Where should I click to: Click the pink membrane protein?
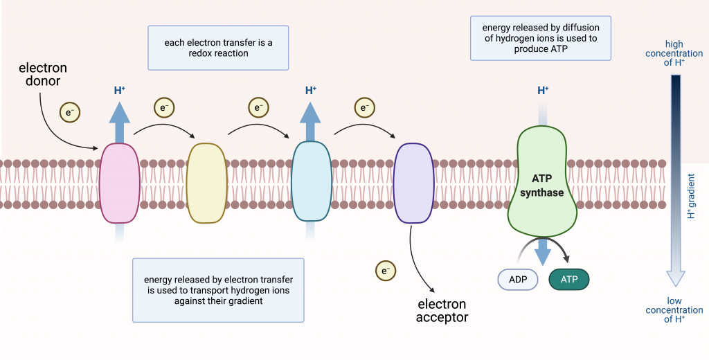coord(119,183)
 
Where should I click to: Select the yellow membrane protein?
coord(206,183)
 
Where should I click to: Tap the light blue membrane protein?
coord(312,181)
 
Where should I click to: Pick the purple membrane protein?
coord(413,183)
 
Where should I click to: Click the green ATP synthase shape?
coord(542,181)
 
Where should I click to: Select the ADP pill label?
coord(518,279)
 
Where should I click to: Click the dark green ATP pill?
coord(568,279)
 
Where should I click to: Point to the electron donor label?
coord(43,75)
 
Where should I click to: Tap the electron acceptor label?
coord(442,311)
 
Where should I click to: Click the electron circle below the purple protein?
coord(385,271)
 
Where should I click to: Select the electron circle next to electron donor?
coord(69,112)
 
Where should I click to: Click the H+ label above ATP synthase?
coord(543,90)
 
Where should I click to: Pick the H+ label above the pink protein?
coord(119,90)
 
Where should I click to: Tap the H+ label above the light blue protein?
coord(311,90)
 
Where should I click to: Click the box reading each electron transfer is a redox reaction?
coord(218,48)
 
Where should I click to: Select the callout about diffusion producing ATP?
coord(540,39)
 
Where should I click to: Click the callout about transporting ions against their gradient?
coord(218,290)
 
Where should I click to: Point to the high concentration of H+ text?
coord(674,53)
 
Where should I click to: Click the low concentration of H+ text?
coord(674,310)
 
